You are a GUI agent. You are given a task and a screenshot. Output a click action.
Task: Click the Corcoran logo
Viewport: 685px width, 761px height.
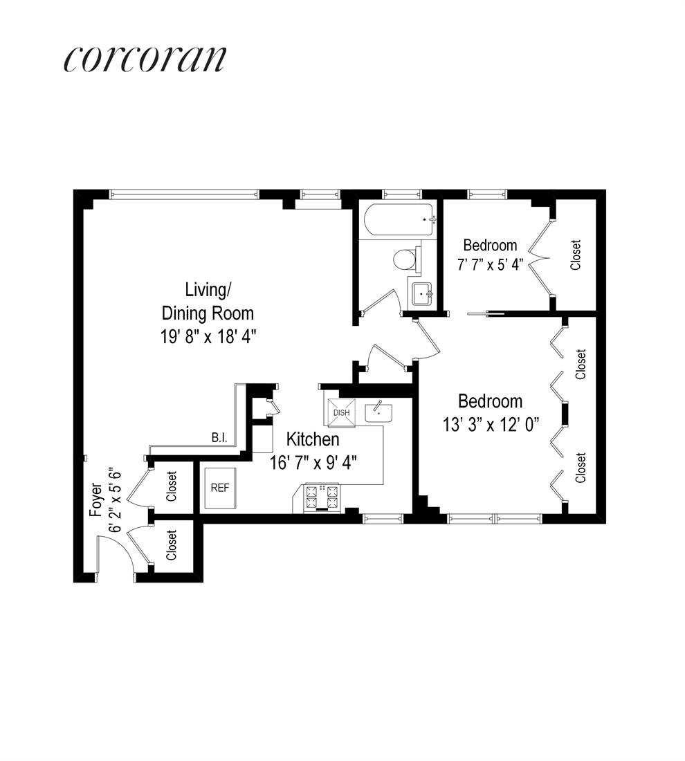pyautogui.click(x=145, y=59)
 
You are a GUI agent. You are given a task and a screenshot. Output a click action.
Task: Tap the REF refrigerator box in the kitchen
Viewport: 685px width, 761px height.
pyautogui.click(x=219, y=487)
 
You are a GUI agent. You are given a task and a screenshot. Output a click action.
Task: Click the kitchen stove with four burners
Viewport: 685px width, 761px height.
pyautogui.click(x=322, y=497)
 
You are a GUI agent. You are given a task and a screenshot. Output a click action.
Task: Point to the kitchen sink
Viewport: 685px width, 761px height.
pyautogui.click(x=379, y=411)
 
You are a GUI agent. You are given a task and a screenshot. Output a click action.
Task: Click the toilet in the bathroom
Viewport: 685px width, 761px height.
pyautogui.click(x=405, y=259)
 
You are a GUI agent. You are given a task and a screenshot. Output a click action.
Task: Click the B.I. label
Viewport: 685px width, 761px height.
pyautogui.click(x=221, y=437)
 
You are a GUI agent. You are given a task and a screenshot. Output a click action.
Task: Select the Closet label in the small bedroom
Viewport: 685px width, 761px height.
pyautogui.click(x=575, y=255)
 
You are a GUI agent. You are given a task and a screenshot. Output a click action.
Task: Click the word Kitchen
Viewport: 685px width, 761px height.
pyautogui.click(x=313, y=439)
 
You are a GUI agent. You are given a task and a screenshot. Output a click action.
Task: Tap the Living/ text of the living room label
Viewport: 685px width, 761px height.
pyautogui.click(x=205, y=288)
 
